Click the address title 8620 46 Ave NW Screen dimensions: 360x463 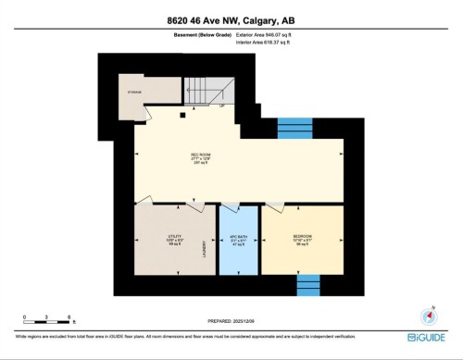point(231,20)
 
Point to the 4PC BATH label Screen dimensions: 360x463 point(238,238)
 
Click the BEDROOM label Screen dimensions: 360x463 point(302,238)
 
